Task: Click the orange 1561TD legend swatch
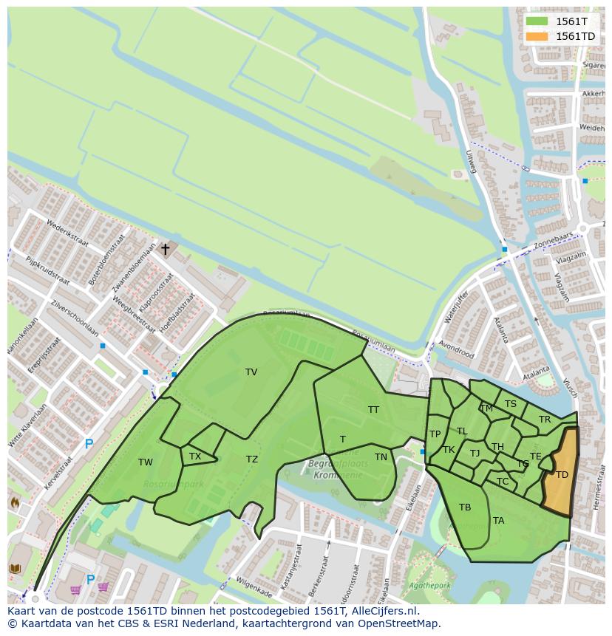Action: pyautogui.click(x=537, y=36)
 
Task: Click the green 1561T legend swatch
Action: pyautogui.click(x=537, y=21)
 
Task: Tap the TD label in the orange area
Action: pyautogui.click(x=562, y=475)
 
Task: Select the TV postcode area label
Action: pyautogui.click(x=251, y=372)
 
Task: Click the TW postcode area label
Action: pyautogui.click(x=146, y=462)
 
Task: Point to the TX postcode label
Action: pyautogui.click(x=195, y=457)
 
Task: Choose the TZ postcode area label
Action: pyautogui.click(x=252, y=459)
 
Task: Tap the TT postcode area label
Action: pyautogui.click(x=373, y=410)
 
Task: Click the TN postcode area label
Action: pyautogui.click(x=381, y=457)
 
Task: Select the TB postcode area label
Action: pyautogui.click(x=465, y=507)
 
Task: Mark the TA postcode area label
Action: pyautogui.click(x=499, y=521)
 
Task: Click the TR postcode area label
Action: pyautogui.click(x=545, y=420)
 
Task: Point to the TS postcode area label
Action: pyautogui.click(x=511, y=404)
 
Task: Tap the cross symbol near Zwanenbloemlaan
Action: pyautogui.click(x=165, y=250)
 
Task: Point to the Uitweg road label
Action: pyautogui.click(x=471, y=162)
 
